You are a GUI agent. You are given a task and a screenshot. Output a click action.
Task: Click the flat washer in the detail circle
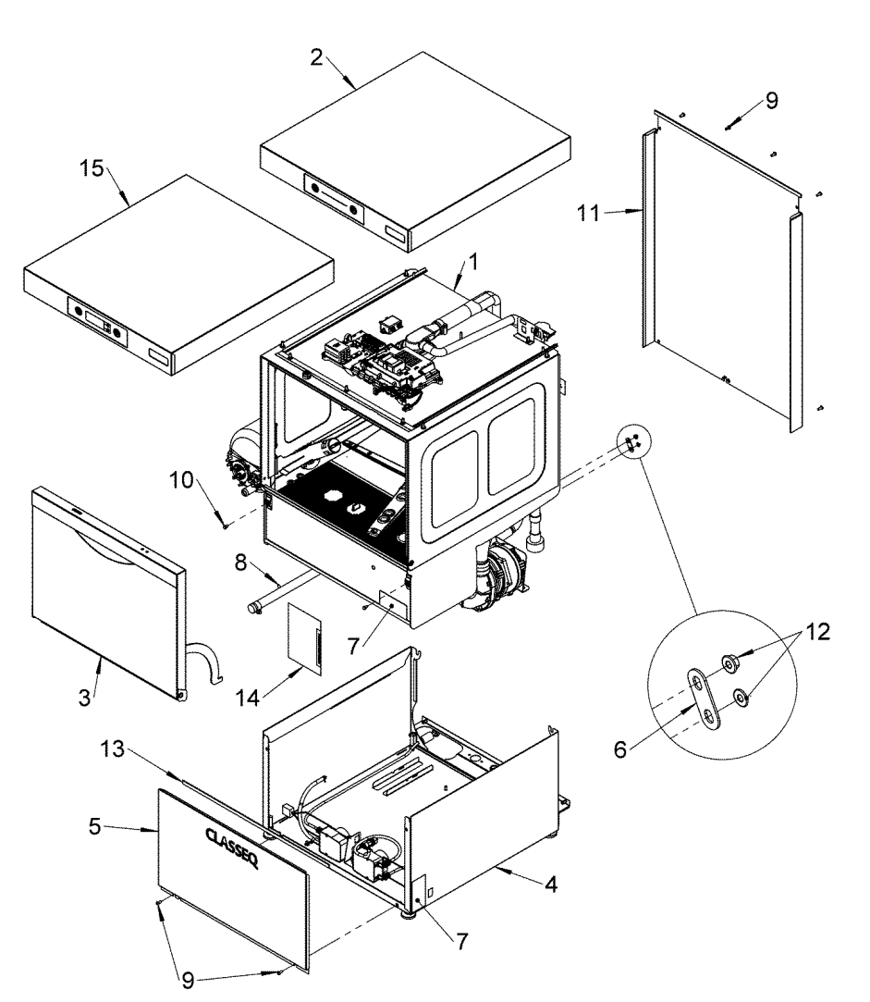pos(741,696)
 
